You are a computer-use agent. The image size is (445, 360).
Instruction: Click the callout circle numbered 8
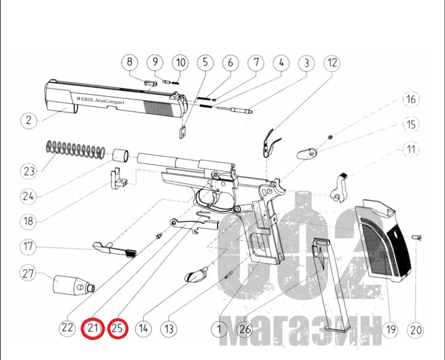point(130,61)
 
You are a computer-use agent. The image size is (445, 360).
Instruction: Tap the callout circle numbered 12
point(332,63)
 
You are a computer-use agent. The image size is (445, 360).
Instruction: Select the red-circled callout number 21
point(93,329)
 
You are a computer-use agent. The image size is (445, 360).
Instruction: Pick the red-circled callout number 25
point(117,329)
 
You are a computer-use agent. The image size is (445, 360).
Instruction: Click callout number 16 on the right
point(411,99)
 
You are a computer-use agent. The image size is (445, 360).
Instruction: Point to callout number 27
point(28,274)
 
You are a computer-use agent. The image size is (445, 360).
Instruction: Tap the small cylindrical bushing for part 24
point(121,156)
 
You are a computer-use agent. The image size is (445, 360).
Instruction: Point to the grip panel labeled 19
point(383,240)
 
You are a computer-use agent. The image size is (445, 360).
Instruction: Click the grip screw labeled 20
point(417,237)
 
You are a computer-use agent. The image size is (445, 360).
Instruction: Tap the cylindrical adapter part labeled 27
point(74,285)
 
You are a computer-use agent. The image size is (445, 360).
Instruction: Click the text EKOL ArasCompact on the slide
point(101,100)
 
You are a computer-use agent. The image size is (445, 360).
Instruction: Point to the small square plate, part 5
point(182,132)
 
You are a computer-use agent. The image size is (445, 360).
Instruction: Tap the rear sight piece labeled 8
point(150,83)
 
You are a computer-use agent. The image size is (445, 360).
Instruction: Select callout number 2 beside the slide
point(29,120)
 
